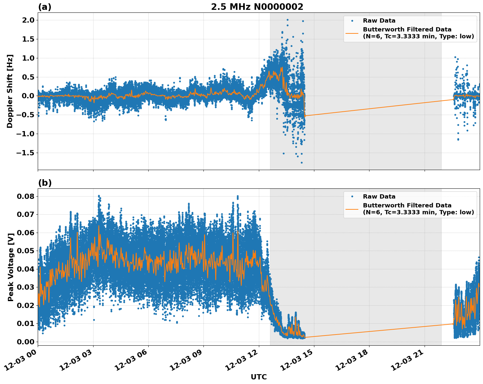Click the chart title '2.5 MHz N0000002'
tap(257, 7)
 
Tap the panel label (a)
tap(45, 7)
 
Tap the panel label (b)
tap(45, 183)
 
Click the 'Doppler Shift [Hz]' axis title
tap(10, 91)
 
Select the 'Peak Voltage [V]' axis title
tap(11, 267)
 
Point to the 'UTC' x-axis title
tap(259, 377)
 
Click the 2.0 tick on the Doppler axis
tap(27, 20)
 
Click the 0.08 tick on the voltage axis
tap(25, 196)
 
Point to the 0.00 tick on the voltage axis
tap(25, 342)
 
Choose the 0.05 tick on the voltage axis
tap(25, 251)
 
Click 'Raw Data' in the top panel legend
tap(379, 21)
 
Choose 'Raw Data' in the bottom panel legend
tap(379, 197)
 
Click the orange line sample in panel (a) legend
tap(352, 33)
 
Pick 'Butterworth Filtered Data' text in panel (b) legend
tap(407, 205)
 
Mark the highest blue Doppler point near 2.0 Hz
tap(287, 20)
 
